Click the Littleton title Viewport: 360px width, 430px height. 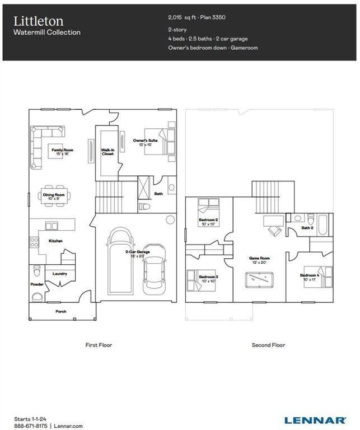click(x=39, y=21)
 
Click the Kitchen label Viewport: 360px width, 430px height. click(x=55, y=241)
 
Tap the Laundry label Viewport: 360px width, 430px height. click(x=60, y=274)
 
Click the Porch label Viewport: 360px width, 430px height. click(x=61, y=311)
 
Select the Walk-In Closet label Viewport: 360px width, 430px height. click(x=107, y=152)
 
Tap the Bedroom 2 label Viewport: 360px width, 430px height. click(x=208, y=220)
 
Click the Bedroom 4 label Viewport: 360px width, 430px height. click(x=309, y=276)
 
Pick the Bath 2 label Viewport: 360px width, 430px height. click(x=307, y=228)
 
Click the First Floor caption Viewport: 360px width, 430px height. click(x=99, y=345)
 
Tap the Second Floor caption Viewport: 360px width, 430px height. click(x=268, y=345)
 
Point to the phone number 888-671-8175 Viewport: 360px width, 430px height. click(x=30, y=427)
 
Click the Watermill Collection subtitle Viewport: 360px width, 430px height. click(x=47, y=32)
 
